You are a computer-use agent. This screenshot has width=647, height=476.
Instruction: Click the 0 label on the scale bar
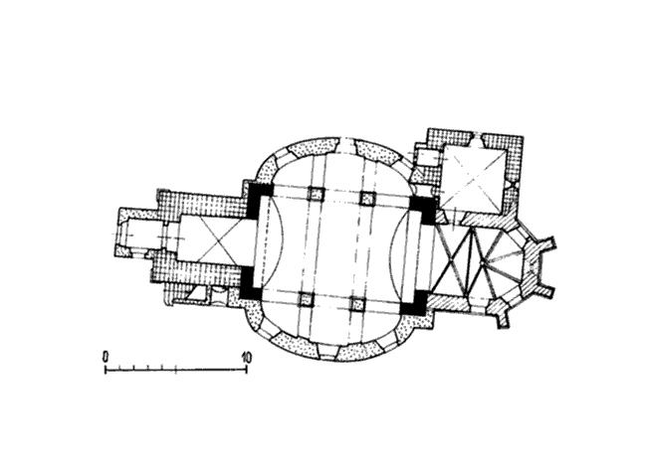tap(107, 356)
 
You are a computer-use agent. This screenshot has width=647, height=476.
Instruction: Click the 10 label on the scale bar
tap(247, 357)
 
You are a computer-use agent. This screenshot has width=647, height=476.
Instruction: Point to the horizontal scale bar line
tap(176, 370)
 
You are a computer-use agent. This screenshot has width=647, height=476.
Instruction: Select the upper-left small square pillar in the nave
tap(317, 194)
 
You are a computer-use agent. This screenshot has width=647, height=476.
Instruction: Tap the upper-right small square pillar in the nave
tap(367, 198)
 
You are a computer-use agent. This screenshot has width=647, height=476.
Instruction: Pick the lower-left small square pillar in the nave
tap(307, 300)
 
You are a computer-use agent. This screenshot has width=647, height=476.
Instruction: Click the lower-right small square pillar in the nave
tap(357, 304)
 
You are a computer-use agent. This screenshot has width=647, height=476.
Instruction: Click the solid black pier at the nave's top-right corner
tap(425, 209)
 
